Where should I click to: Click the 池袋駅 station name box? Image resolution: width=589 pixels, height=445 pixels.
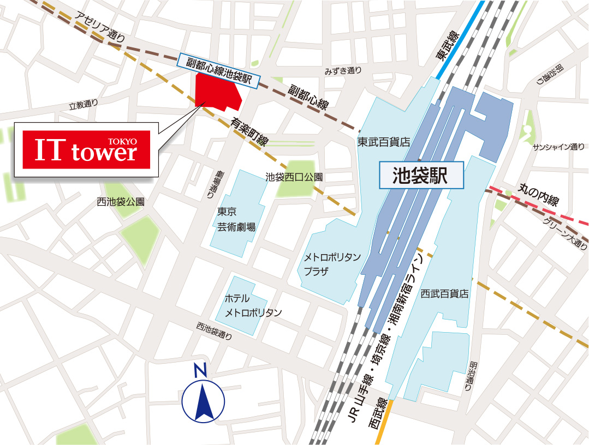tap(421, 175)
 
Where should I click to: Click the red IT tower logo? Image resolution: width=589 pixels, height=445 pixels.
tap(86, 149)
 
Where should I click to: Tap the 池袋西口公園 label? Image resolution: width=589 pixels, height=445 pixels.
tap(294, 177)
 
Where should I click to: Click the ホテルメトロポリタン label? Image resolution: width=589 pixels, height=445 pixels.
tap(253, 305)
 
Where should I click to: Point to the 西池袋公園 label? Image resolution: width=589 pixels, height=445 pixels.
tap(121, 201)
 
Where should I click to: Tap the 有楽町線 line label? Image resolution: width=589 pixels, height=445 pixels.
tap(249, 133)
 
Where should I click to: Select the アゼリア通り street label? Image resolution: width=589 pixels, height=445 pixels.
tap(102, 27)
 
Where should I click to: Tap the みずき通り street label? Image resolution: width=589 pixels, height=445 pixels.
tap(343, 70)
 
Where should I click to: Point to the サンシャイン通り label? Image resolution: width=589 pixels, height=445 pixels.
tap(558, 147)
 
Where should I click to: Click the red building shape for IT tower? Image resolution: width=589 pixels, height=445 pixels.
tap(218, 92)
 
